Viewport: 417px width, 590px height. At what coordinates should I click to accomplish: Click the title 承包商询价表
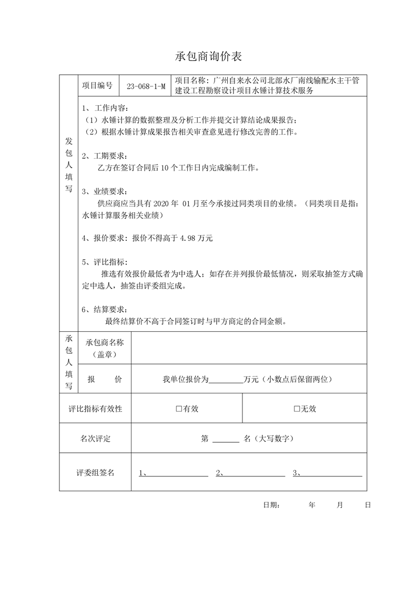point(208,56)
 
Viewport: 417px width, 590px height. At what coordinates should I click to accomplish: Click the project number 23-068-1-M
point(146,86)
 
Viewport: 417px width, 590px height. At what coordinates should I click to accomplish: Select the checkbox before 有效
point(179,409)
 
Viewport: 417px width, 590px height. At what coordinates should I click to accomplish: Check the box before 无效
point(297,409)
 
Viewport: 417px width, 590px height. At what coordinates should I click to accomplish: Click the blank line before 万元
point(227,379)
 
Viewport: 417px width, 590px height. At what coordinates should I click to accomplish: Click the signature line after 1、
point(177,473)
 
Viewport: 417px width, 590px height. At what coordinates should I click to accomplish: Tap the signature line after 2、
point(253,473)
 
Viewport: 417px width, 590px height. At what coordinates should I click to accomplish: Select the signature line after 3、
point(330,473)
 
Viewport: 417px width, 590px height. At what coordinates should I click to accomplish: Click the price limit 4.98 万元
point(196,238)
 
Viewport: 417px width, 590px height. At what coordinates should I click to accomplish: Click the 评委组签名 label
point(95,473)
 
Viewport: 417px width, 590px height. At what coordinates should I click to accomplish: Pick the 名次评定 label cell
point(95,439)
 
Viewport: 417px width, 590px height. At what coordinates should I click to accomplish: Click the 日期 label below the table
point(271,505)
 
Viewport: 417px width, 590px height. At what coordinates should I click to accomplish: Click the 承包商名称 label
point(104,342)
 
